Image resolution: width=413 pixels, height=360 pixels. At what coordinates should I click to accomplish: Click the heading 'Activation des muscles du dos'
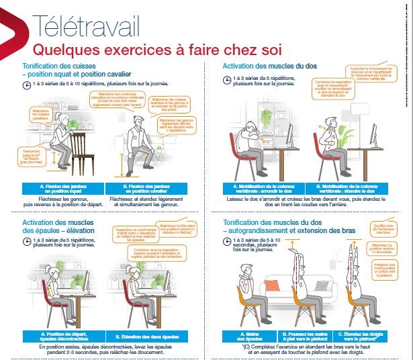[269, 66]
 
